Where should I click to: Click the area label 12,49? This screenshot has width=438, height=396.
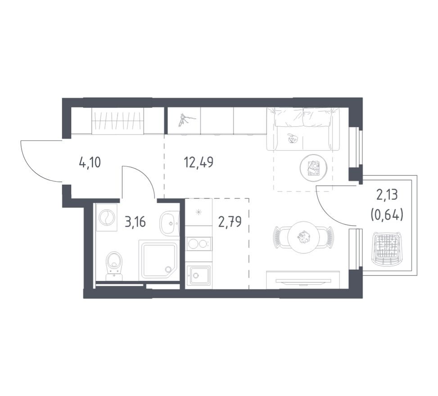(x=199, y=162)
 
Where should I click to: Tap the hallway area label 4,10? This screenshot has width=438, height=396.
(x=90, y=162)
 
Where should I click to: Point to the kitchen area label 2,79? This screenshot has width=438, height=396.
(x=230, y=222)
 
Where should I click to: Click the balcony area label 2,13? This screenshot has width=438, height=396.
(x=387, y=195)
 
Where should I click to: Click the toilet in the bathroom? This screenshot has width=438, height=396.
(x=114, y=265)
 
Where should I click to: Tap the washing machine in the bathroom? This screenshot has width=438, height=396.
(x=106, y=217)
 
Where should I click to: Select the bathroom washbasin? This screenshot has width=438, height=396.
(x=169, y=223)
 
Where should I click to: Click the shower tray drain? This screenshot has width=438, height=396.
(x=168, y=269)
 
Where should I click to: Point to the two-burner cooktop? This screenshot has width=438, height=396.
(x=199, y=244)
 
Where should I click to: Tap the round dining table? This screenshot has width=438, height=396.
(x=304, y=238)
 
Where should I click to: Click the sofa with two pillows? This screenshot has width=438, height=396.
(x=303, y=129)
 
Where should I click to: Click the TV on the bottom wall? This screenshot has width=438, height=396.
(x=303, y=281)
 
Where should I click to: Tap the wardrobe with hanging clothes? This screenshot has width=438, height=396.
(x=117, y=121)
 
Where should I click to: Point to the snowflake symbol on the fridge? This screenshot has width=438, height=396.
(x=199, y=213)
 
